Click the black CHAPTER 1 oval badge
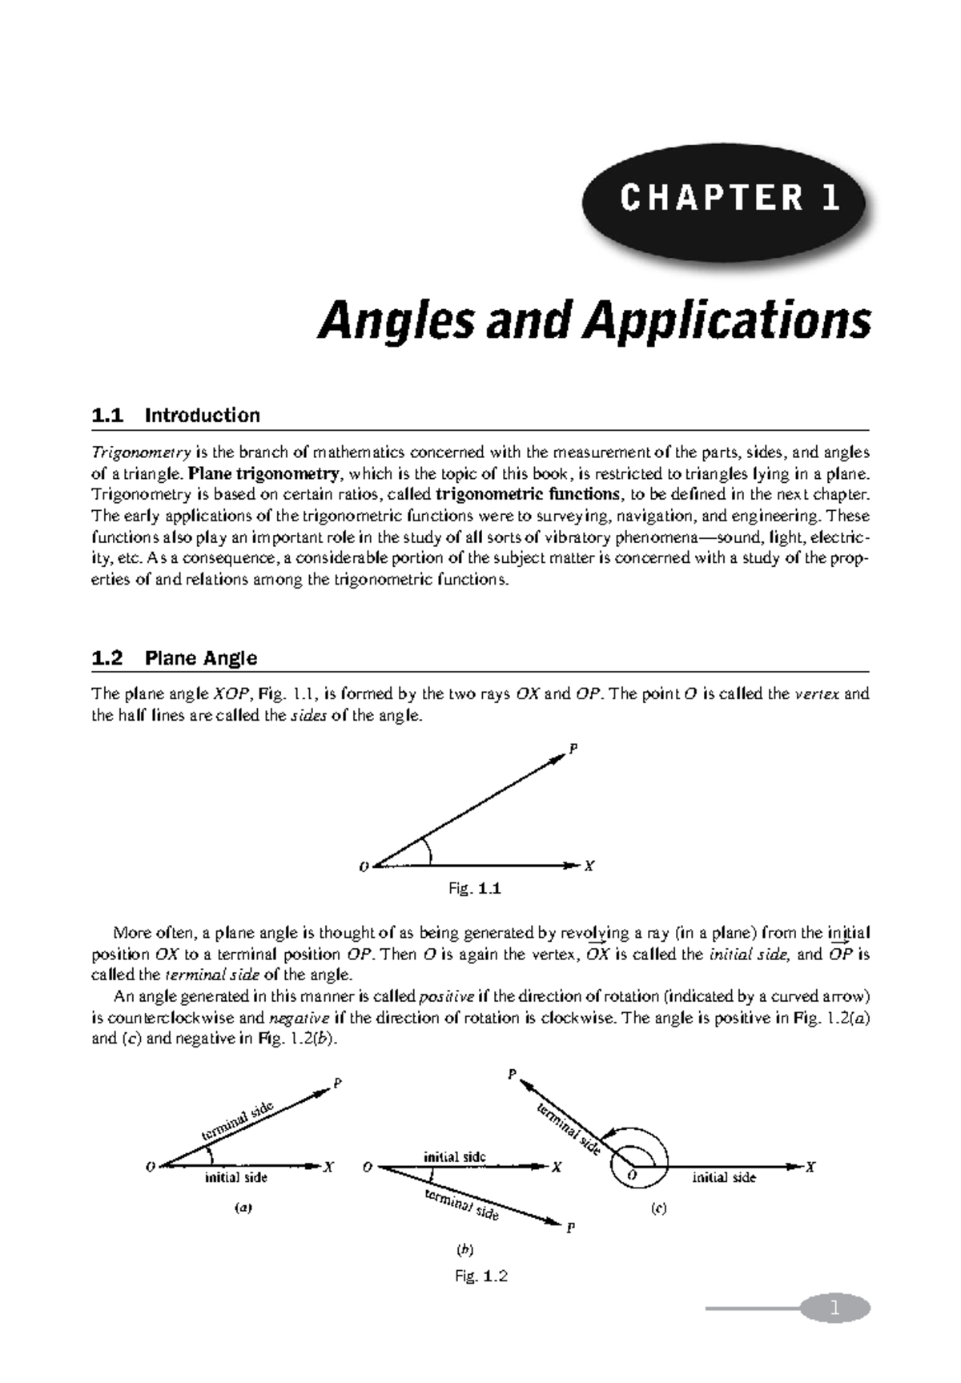(724, 199)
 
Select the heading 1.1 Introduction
(176, 415)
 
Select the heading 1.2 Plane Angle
(175, 658)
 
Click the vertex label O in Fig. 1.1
(364, 866)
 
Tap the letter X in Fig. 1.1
(589, 866)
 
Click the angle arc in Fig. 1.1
(428, 850)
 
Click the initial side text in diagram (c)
(723, 1177)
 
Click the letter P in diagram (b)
(570, 1227)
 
